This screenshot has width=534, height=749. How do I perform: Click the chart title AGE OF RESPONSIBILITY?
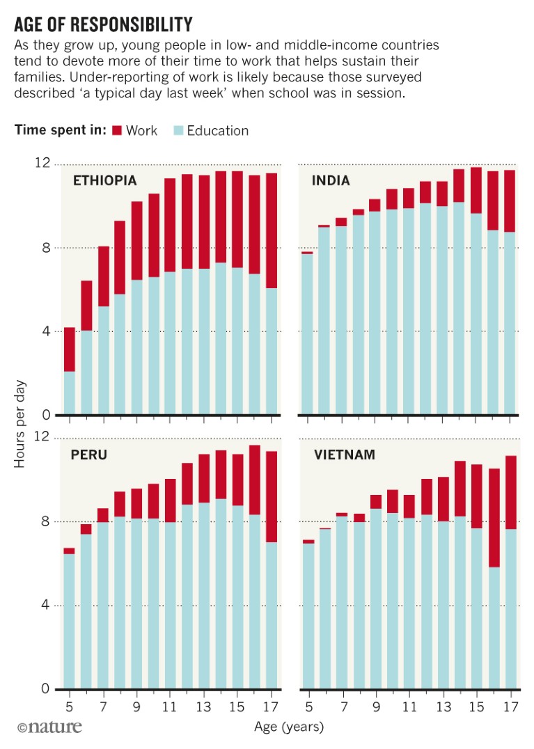[x=103, y=25]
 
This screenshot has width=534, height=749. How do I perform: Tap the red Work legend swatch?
[x=116, y=130]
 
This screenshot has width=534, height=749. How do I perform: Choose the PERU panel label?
[x=88, y=455]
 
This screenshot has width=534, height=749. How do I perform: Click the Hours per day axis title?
[x=20, y=423]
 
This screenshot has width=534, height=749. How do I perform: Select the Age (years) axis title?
[x=290, y=727]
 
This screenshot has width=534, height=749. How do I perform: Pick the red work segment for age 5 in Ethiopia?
[x=70, y=349]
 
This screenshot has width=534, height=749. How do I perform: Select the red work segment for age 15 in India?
[x=476, y=190]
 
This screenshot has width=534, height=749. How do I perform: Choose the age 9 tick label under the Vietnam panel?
[x=375, y=704]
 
